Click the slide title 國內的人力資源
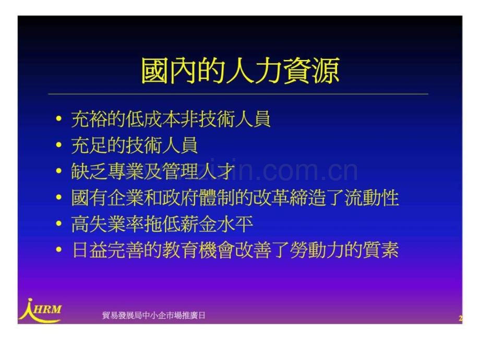241,71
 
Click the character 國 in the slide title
155,71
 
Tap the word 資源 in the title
311,71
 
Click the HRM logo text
47,309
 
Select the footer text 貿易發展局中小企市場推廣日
154,315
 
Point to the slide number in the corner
460,318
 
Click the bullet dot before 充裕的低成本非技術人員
59,119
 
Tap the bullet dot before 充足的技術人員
59,145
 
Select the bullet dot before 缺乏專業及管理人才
59,171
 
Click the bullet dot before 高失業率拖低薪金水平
59,224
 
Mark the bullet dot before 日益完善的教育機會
59,250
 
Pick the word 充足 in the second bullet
89,145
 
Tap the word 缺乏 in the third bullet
89,171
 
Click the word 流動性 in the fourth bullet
372,197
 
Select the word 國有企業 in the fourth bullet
107,197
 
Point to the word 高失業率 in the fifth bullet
107,224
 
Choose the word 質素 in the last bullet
381,250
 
